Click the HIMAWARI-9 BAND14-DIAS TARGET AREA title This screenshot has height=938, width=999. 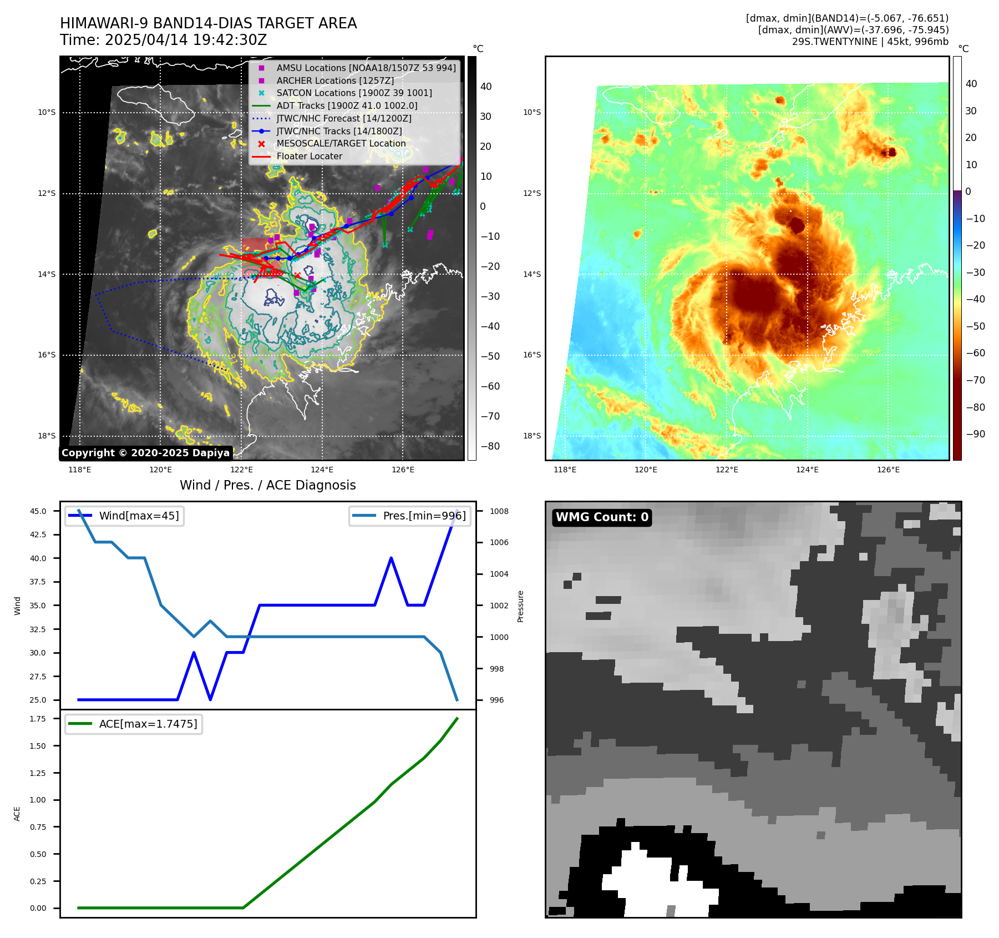(208, 23)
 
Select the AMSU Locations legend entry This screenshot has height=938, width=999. (366, 68)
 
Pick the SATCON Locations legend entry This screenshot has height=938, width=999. (354, 93)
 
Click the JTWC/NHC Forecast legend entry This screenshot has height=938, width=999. (343, 118)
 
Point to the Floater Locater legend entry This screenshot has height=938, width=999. (309, 156)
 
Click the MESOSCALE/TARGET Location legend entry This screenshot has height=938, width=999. (341, 143)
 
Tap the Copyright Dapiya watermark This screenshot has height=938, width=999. (145, 453)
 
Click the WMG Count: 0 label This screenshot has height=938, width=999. (602, 517)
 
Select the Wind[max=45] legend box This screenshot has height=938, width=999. (125, 516)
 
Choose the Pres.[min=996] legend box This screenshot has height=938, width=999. (410, 516)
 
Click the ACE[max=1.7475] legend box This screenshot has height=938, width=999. (134, 724)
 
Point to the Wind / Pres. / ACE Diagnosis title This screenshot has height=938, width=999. (267, 485)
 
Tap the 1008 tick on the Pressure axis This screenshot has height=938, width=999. (499, 511)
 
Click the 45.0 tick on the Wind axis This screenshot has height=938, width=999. (38, 511)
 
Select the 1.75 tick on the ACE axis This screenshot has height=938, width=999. (38, 719)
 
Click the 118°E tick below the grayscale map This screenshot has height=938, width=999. (79, 470)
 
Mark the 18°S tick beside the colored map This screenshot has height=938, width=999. (531, 436)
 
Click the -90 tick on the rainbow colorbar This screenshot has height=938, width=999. (975, 434)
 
